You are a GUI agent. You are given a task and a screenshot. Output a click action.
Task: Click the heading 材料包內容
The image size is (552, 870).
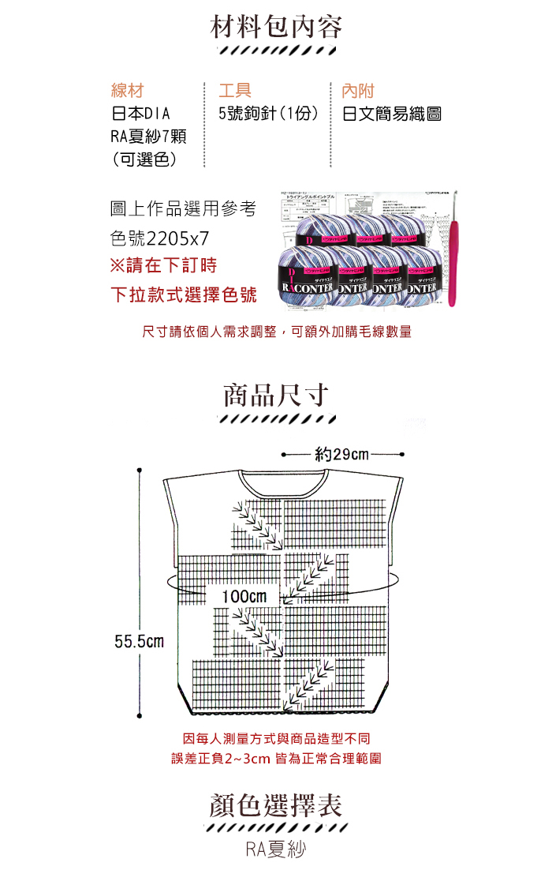tap(276, 28)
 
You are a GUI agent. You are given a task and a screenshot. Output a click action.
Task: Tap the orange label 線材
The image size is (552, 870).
tap(127, 90)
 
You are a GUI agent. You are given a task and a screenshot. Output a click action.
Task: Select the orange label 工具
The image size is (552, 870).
tap(234, 90)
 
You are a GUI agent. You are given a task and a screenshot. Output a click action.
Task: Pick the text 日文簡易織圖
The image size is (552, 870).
tap(391, 114)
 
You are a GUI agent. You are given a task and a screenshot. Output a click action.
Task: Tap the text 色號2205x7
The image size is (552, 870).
tap(159, 237)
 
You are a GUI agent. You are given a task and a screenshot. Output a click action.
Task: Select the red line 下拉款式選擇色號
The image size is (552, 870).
tap(184, 295)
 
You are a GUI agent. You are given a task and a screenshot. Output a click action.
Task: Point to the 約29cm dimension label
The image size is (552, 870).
tap(341, 455)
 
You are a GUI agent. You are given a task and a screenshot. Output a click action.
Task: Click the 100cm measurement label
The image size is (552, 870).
tap(244, 595)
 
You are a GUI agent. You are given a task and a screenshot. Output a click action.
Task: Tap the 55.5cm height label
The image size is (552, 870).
tap(139, 641)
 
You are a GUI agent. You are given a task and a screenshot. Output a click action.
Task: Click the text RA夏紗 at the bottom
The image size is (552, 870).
tap(275, 849)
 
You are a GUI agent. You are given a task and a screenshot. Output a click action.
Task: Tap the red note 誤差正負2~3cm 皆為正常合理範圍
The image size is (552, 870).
tap(276, 759)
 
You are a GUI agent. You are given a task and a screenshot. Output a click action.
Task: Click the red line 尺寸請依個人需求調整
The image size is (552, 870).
tap(276, 332)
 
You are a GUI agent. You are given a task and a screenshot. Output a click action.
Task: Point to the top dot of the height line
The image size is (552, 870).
tap(140, 470)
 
